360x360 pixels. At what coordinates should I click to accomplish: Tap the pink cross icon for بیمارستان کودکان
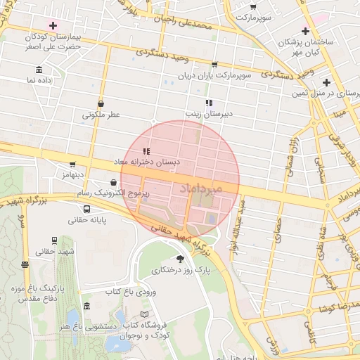pyautogui.click(x=53, y=25)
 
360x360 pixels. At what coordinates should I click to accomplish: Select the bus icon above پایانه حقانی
pyautogui.click(x=86, y=209)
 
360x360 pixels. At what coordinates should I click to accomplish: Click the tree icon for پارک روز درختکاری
pyautogui.click(x=181, y=258)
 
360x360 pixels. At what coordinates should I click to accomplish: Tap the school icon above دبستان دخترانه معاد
pyautogui.click(x=146, y=151)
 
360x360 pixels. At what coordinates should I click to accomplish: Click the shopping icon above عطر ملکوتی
pyautogui.click(x=101, y=103)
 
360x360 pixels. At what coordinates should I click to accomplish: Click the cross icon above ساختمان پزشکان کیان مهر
pyautogui.click(x=304, y=31)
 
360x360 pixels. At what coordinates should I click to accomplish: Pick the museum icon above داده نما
pyautogui.click(x=38, y=70)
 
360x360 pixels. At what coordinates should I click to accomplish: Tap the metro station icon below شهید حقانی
pyautogui.click(x=25, y=264)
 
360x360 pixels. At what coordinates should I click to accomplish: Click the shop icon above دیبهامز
pyautogui.click(x=72, y=164)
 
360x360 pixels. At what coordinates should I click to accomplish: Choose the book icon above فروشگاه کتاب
pyautogui.click(x=145, y=313)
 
